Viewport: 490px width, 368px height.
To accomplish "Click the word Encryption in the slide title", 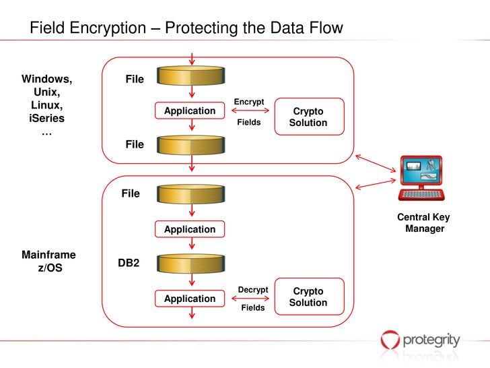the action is (x=108, y=28).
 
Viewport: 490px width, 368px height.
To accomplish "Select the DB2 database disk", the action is (x=190, y=264).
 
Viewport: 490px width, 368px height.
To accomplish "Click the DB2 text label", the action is (x=129, y=263).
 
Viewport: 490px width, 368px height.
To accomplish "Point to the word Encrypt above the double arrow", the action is (x=249, y=102).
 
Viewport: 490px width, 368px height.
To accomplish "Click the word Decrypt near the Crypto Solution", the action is (x=253, y=290).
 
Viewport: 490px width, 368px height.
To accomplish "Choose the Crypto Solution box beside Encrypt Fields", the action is (x=310, y=117).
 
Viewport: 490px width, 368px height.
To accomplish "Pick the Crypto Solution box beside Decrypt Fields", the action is (x=310, y=297).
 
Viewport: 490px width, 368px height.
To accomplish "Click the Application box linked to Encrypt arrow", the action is (x=190, y=111).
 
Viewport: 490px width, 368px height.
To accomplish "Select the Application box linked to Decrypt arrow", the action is (x=190, y=299).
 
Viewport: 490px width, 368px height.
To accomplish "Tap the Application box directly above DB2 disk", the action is (x=190, y=229).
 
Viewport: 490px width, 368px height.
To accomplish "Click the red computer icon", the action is (x=421, y=179).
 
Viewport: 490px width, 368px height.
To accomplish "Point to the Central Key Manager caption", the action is (x=424, y=223).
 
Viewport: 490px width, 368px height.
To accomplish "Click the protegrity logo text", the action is (x=431, y=340).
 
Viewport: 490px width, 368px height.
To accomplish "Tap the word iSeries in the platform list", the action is (x=47, y=119).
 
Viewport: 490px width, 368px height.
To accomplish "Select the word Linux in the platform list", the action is (x=47, y=105).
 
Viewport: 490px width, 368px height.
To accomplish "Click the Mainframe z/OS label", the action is (x=48, y=262).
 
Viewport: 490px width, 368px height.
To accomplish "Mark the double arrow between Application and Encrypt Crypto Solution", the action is (x=250, y=111).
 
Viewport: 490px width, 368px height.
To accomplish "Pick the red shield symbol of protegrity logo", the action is (x=390, y=340).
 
